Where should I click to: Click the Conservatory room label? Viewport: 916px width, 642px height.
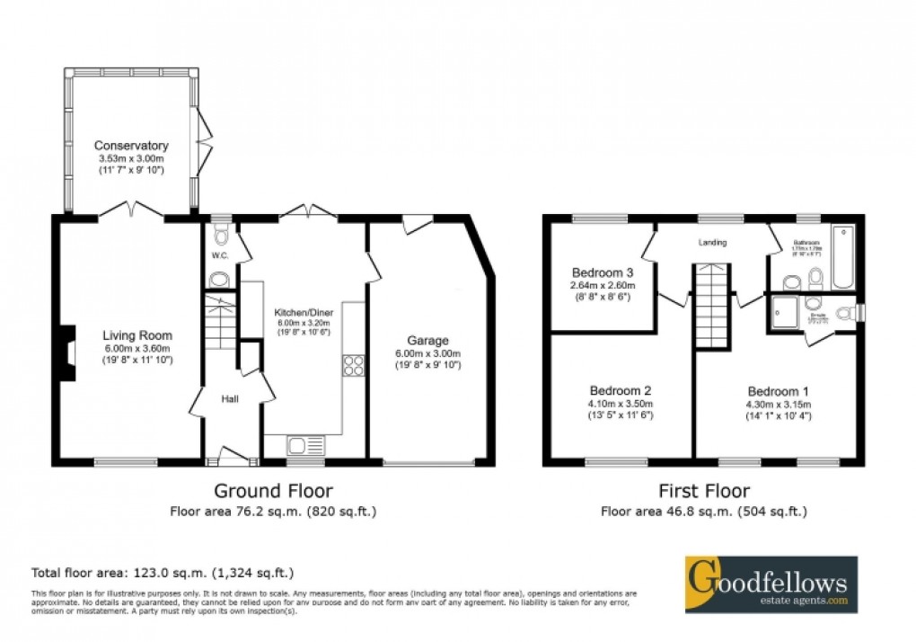click(133, 145)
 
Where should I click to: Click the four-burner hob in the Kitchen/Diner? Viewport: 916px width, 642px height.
click(352, 365)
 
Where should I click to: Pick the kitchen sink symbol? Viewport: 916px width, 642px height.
click(304, 444)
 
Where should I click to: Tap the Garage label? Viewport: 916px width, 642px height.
click(427, 341)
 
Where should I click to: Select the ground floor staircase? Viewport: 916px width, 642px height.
click(219, 326)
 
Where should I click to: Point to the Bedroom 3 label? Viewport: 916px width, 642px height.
click(603, 272)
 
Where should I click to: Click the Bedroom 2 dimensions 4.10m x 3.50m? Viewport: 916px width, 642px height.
click(621, 404)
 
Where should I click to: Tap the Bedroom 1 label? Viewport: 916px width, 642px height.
click(779, 391)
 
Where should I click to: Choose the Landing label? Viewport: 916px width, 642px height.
click(714, 243)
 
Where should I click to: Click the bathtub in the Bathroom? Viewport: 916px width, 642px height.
click(843, 258)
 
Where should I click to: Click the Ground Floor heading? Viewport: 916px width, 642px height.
click(272, 491)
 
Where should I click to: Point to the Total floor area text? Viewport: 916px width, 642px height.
click(163, 572)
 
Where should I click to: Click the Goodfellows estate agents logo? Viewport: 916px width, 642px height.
click(771, 584)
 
